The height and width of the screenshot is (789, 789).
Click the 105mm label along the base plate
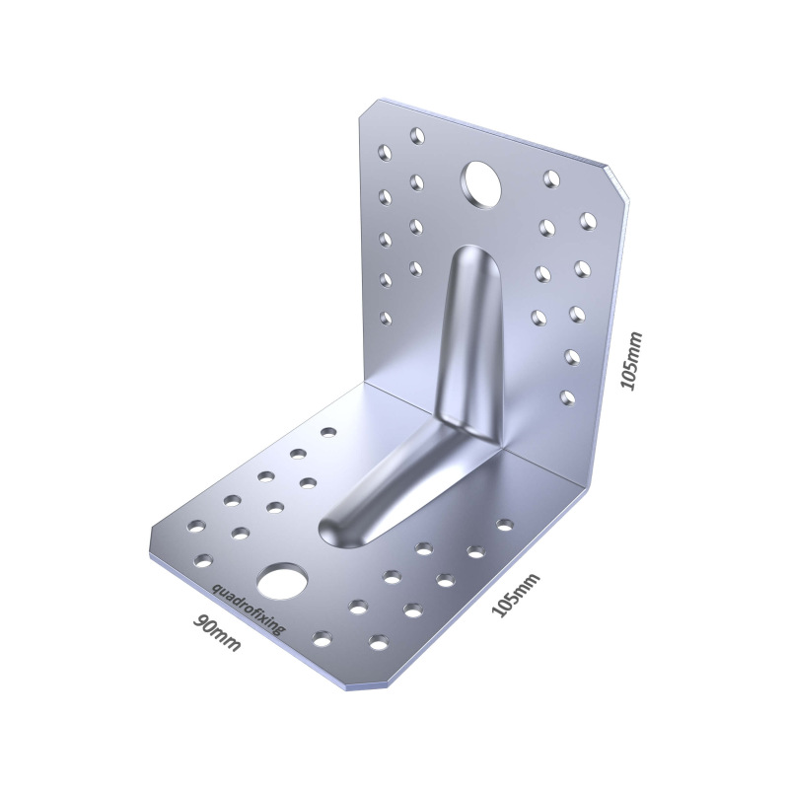click(x=516, y=595)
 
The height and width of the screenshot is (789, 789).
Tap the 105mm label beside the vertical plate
click(x=631, y=361)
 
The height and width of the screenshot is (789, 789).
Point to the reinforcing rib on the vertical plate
click(x=467, y=325)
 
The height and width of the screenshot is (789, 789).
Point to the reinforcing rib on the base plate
click(x=385, y=483)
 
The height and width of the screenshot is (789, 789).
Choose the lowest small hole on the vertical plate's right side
click(x=567, y=397)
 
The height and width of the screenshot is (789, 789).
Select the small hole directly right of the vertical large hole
click(x=551, y=179)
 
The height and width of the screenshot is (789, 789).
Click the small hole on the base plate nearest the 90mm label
click(x=204, y=561)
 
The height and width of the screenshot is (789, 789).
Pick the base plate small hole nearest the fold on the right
click(x=505, y=525)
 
